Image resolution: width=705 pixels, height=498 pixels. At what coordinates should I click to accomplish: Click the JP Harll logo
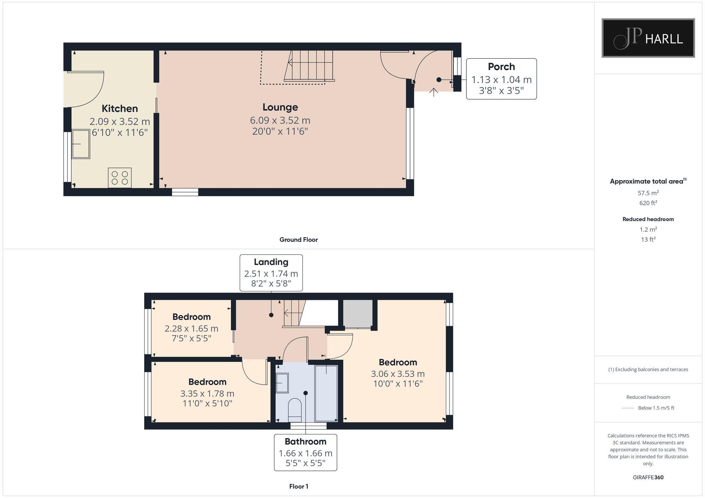click(648, 38)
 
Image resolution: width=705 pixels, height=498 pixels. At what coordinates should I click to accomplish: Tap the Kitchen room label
click(119, 108)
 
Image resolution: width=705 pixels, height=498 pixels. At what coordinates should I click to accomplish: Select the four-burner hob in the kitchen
click(120, 178)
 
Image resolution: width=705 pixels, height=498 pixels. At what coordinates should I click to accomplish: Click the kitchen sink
click(81, 144)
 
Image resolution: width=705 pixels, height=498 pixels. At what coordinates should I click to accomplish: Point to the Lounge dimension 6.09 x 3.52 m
click(280, 120)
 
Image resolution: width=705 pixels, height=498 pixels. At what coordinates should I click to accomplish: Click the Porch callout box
click(501, 79)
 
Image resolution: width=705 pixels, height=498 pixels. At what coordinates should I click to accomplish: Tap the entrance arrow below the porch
click(434, 92)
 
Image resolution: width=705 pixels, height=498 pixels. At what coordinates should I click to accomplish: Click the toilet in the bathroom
click(295, 409)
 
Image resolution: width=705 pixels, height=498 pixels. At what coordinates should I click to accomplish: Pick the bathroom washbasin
click(282, 383)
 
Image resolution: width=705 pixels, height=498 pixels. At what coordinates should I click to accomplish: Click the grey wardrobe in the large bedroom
click(358, 314)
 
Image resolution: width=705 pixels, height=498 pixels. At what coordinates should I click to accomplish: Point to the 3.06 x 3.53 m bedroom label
click(398, 374)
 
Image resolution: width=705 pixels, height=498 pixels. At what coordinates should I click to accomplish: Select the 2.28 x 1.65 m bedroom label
click(191, 328)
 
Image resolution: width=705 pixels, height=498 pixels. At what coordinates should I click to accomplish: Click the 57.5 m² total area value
click(648, 193)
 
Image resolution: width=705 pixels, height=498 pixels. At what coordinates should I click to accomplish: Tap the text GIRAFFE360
click(648, 477)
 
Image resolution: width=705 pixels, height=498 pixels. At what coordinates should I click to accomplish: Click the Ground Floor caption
click(298, 240)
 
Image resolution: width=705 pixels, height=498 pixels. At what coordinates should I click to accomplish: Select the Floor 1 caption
click(298, 486)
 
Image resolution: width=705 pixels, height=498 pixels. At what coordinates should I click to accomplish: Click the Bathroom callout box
click(305, 452)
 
